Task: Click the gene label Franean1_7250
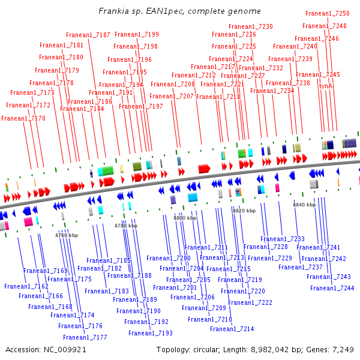pos(327,13)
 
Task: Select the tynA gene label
pos(325,86)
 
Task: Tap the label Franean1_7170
pos(23,118)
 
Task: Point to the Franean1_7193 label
pos(150,333)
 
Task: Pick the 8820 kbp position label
pos(244,211)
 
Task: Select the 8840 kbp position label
pos(304,205)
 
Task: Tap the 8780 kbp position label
pos(126,226)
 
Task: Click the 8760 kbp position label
pos(67,235)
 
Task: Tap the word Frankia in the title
pos(112,11)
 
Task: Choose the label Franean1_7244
pos(332,288)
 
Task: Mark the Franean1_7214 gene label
pos(232,329)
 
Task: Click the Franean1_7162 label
pos(26,287)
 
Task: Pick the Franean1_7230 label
pos(251,26)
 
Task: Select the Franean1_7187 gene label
pos(88,35)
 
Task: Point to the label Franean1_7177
pos(85,337)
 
